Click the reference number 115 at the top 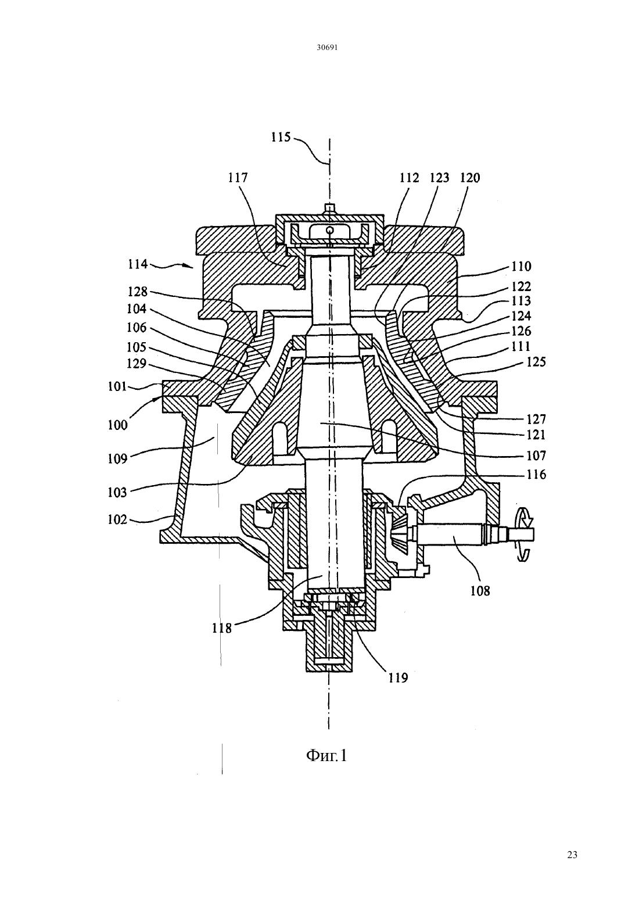pos(281,137)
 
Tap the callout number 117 pos(238,178)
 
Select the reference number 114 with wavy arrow pos(138,264)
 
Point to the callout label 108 pos(480,591)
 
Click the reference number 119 pos(398,678)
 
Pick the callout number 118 pos(222,628)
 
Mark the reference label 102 pos(117,519)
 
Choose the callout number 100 pos(117,425)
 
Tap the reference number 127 pos(536,419)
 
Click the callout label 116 pos(536,475)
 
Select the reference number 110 pos(522,266)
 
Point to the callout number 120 pos(470,178)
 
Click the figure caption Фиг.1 pos(326,755)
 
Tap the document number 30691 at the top pos(326,47)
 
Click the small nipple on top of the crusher pos(329,207)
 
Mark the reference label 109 pos(117,458)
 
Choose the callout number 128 pos(138,292)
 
